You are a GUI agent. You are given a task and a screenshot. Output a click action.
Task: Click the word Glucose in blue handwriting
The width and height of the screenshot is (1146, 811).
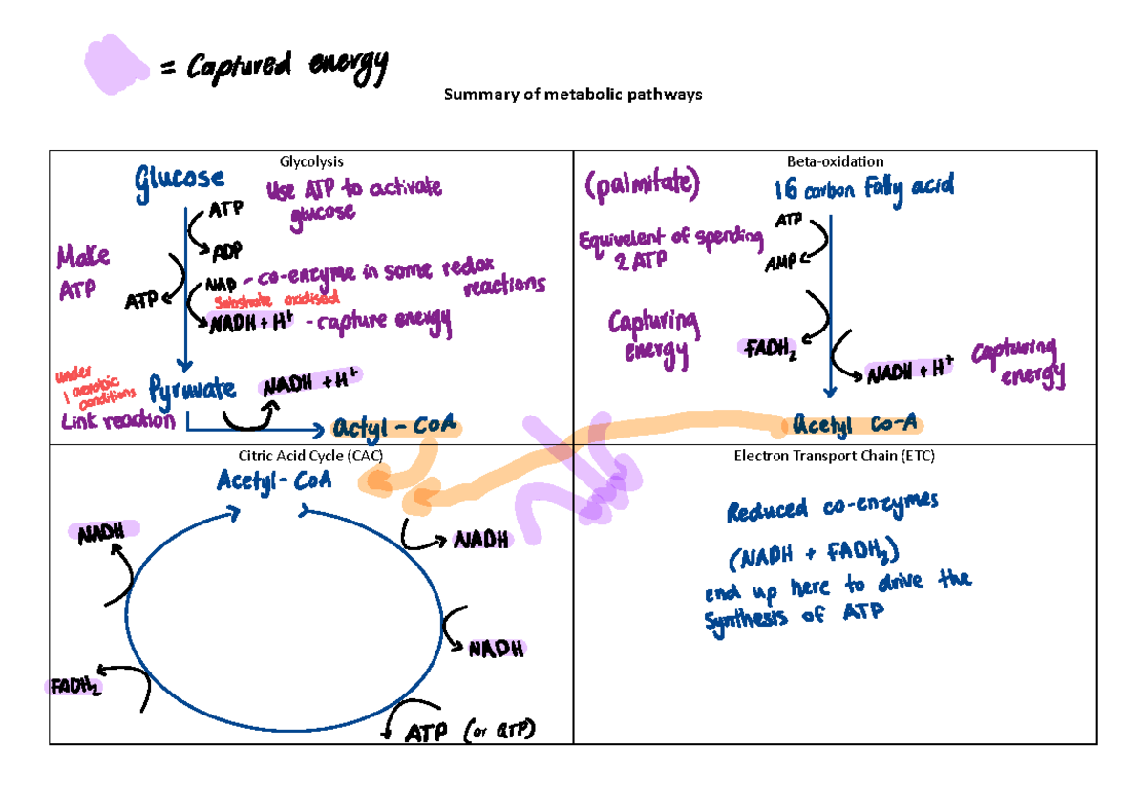180,178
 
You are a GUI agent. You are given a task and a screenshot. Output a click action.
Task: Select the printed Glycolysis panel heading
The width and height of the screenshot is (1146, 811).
310,161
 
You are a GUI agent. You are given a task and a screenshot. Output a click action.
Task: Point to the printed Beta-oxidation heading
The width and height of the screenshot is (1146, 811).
834,161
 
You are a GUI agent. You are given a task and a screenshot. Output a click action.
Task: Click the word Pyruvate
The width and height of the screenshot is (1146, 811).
192,389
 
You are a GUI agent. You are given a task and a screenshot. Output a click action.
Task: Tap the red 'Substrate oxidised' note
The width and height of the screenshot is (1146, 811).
271,303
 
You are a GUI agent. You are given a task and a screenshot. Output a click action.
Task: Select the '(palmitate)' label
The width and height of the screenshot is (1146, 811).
641,185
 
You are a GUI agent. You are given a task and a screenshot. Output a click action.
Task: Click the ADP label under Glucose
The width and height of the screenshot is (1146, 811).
226,249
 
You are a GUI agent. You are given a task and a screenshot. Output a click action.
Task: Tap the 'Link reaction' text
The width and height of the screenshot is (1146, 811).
118,420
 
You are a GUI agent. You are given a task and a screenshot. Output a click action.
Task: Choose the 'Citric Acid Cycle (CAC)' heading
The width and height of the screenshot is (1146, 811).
311,457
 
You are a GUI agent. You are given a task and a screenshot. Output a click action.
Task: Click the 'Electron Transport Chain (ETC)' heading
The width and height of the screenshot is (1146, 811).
834,457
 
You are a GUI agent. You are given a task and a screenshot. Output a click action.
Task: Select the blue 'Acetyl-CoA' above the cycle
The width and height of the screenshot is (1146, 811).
274,480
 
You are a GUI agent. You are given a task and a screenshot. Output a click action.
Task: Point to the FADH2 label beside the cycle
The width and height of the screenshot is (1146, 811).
74,686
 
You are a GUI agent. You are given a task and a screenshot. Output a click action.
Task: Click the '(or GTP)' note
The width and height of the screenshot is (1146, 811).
499,731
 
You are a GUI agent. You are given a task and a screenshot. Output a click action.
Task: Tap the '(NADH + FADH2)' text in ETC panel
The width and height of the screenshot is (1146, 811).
812,551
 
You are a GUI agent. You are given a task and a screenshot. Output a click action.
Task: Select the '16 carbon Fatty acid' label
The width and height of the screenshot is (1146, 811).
863,188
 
